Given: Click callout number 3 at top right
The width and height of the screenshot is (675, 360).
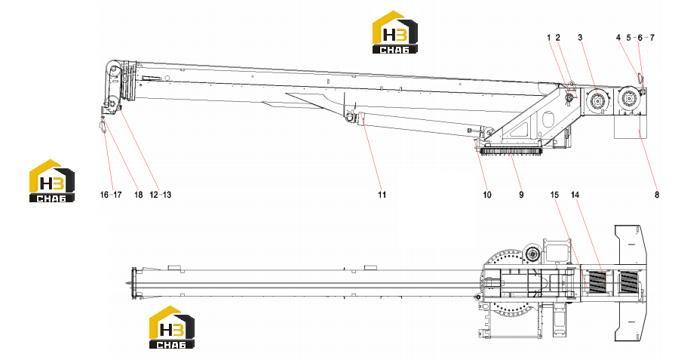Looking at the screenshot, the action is (580, 38).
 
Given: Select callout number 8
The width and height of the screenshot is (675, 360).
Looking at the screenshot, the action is (657, 195).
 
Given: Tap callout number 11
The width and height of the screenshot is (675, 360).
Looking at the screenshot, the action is (382, 195).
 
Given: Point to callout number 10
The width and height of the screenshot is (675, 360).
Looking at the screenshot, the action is (487, 195).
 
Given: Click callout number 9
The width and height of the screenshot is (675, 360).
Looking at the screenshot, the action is (521, 195).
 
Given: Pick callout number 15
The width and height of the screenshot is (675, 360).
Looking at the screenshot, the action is (554, 195).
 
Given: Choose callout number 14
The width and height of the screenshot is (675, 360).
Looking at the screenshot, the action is (575, 195).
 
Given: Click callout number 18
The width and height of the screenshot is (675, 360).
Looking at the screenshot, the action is (138, 195).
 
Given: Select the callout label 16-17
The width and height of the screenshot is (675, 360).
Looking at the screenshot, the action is (111, 195).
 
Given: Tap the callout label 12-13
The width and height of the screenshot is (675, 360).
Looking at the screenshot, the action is (160, 195).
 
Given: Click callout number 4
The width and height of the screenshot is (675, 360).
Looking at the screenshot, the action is (618, 38).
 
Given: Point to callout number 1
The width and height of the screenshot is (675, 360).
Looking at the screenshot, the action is (549, 38).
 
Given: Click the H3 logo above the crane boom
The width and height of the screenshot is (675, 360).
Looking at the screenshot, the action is (394, 32).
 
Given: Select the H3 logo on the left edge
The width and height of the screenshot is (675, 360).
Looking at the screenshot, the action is (51, 181).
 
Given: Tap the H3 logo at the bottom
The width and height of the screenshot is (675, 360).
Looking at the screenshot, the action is (172, 328).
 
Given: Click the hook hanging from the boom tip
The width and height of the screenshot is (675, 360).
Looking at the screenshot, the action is (103, 126).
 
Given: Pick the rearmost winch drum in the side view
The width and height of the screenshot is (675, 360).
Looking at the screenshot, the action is (629, 99).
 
